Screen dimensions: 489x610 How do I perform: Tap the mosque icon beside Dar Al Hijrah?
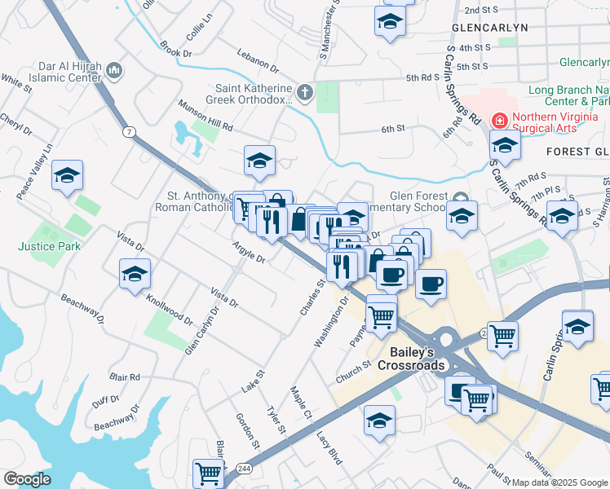(x=115, y=71)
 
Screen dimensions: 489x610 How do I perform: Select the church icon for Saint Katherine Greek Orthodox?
(x=306, y=93)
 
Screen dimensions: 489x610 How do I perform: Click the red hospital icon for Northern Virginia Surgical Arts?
(x=497, y=121)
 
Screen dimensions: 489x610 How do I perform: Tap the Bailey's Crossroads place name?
(x=411, y=358)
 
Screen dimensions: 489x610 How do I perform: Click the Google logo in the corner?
(x=27, y=479)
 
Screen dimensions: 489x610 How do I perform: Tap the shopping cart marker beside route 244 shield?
(x=208, y=472)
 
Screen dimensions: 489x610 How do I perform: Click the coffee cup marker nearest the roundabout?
(x=430, y=284)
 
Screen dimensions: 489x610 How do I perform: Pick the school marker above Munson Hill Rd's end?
(x=259, y=160)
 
